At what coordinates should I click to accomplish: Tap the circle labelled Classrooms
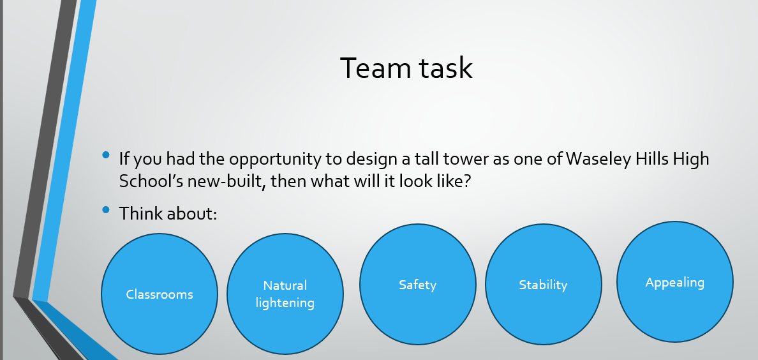(160, 294)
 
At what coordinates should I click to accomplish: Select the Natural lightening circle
(285, 294)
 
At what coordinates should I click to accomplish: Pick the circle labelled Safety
(418, 284)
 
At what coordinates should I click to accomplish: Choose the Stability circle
(544, 284)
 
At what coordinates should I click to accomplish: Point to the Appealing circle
(675, 281)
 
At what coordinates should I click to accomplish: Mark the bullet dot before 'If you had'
(106, 155)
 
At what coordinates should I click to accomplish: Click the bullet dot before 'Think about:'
(106, 209)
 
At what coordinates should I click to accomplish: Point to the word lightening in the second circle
(285, 303)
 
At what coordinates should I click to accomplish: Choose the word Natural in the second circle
(285, 285)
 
